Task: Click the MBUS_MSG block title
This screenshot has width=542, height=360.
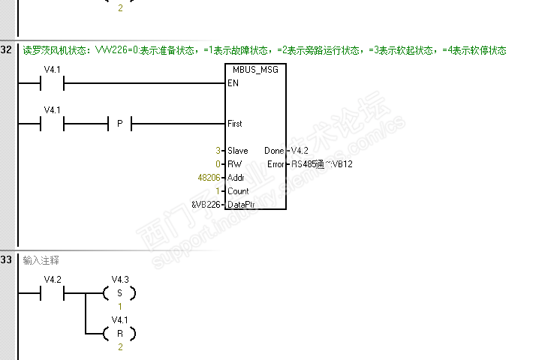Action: click(x=255, y=70)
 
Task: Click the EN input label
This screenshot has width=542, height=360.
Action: click(x=233, y=83)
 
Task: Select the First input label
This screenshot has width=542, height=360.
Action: click(x=235, y=123)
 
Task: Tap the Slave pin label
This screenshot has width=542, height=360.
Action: click(x=237, y=151)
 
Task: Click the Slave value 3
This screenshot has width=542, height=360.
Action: click(x=218, y=151)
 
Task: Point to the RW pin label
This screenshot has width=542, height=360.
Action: click(x=234, y=164)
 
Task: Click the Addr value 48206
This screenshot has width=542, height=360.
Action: click(x=208, y=178)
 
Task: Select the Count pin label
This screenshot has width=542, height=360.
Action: click(x=238, y=191)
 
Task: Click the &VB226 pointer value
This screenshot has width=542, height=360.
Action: click(x=206, y=205)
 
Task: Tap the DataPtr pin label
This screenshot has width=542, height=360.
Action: click(x=241, y=205)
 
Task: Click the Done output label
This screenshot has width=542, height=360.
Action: click(x=274, y=151)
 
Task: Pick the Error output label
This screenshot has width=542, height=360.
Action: click(x=276, y=164)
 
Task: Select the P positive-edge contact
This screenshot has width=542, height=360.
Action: click(x=119, y=124)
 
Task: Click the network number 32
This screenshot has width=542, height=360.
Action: click(x=6, y=50)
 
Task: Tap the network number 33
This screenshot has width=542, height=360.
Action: click(x=6, y=260)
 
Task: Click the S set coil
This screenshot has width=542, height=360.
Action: click(x=119, y=293)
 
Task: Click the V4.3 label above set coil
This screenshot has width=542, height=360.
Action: click(x=120, y=280)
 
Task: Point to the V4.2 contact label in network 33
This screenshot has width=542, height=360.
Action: click(x=52, y=280)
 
